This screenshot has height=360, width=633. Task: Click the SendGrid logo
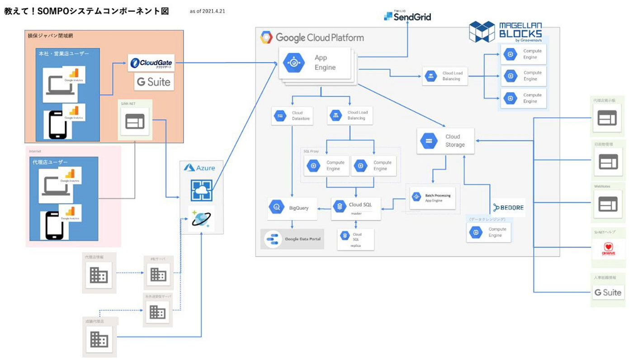[407, 17]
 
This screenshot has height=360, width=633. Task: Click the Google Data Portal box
[293, 239]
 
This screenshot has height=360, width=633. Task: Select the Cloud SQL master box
[356, 208]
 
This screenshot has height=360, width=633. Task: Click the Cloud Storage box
[445, 141]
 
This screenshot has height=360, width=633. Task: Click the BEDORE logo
[509, 208]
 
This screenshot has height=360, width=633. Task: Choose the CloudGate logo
[151, 63]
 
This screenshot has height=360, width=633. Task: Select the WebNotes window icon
[607, 204]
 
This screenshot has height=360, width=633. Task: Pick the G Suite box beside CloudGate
[154, 82]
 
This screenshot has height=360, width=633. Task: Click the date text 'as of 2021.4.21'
[208, 11]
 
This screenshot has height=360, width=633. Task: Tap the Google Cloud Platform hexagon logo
[266, 38]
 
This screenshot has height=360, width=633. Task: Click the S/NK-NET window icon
[135, 122]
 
